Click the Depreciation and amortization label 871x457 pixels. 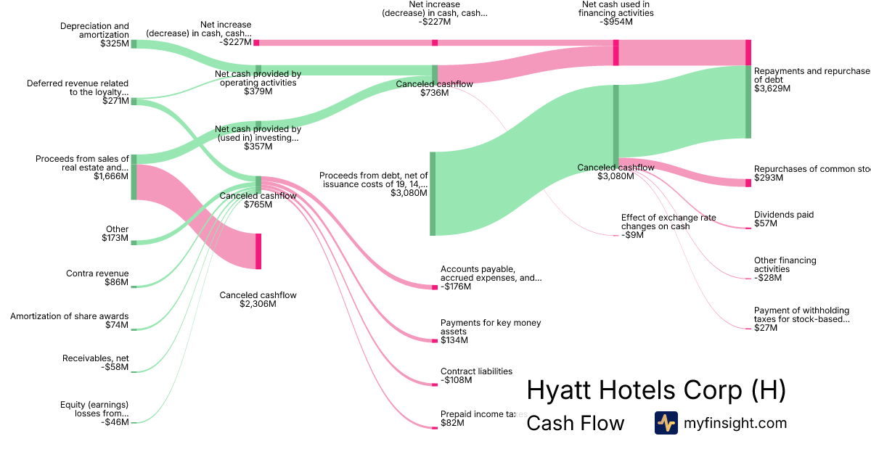(x=94, y=30)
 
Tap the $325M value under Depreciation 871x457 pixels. (x=115, y=44)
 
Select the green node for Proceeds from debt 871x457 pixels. (x=433, y=194)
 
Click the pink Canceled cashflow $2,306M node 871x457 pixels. (x=258, y=251)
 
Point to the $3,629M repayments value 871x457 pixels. (x=772, y=88)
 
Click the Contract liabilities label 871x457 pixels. (x=476, y=371)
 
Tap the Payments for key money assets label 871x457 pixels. (x=491, y=327)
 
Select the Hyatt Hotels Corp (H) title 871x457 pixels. (x=655, y=390)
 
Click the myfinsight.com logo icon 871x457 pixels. (x=666, y=423)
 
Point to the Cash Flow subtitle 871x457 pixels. (x=575, y=423)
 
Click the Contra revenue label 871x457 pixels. (x=97, y=273)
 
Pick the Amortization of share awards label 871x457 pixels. (x=70, y=316)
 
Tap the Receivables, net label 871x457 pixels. (x=95, y=358)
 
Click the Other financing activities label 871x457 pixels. (x=785, y=265)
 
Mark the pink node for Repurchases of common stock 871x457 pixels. (x=748, y=183)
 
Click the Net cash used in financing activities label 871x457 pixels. (x=616, y=9)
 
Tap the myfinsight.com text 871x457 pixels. (x=735, y=423)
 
